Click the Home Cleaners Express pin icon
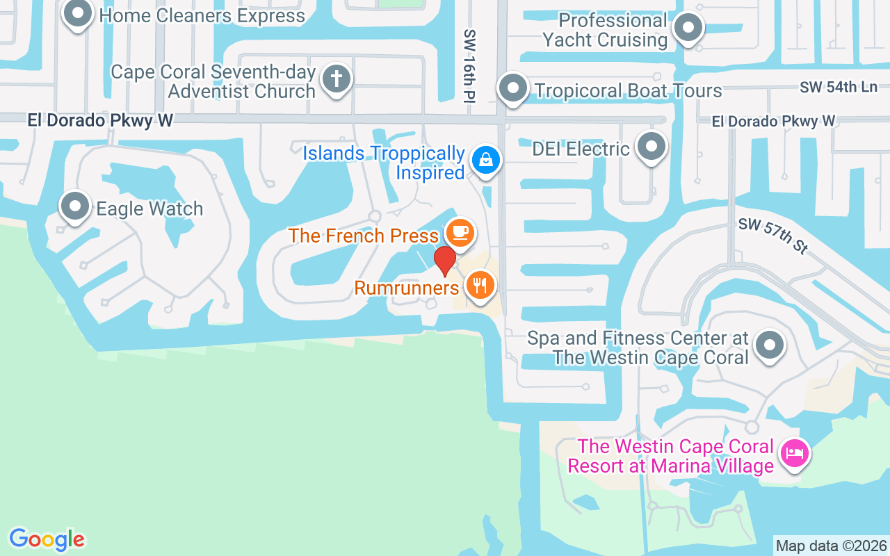(77, 13)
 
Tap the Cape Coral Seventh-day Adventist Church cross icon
(337, 79)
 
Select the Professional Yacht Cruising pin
(689, 28)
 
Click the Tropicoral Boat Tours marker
(514, 88)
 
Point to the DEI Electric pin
(652, 147)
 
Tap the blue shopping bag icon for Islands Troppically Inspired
(486, 160)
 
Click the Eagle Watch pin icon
(75, 206)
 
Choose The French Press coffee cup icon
(459, 231)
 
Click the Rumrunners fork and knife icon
(479, 284)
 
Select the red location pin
(444, 261)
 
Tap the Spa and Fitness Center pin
(769, 345)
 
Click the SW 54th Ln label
(838, 88)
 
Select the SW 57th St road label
(772, 236)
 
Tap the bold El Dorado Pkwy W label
(100, 120)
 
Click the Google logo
(47, 539)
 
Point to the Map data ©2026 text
(831, 546)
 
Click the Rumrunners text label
(407, 287)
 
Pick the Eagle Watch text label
(149, 208)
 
